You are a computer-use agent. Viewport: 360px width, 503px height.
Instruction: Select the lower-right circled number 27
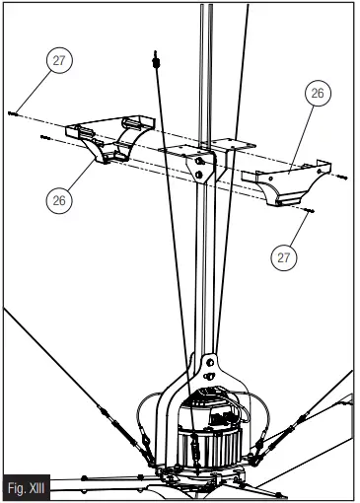click(282, 255)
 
